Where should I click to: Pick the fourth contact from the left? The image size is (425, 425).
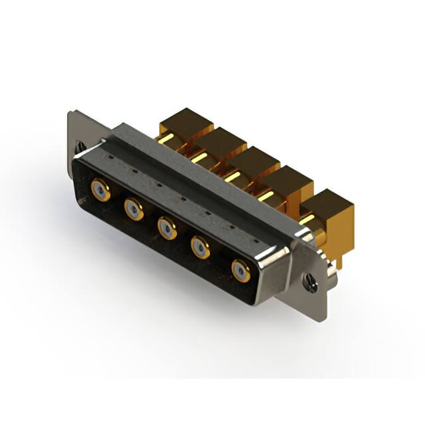(x=201, y=249)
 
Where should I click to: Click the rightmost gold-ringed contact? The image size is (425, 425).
(x=240, y=270)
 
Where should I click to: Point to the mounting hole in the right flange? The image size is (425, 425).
(x=310, y=282)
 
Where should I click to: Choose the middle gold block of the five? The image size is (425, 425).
(x=252, y=159)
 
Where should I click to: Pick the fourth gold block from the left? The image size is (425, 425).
(x=286, y=178)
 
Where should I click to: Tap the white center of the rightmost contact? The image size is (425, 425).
(x=240, y=270)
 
